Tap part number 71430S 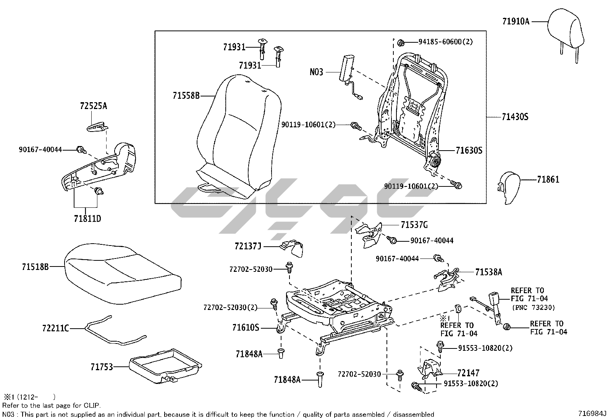(515, 117)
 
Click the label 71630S (469, 151)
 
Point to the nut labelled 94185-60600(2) (401, 42)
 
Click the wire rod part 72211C (115, 332)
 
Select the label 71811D (87, 219)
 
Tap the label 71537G (414, 225)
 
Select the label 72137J (248, 246)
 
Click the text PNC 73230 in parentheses (533, 307)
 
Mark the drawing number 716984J (592, 413)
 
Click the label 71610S (246, 327)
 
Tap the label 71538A (488, 272)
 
